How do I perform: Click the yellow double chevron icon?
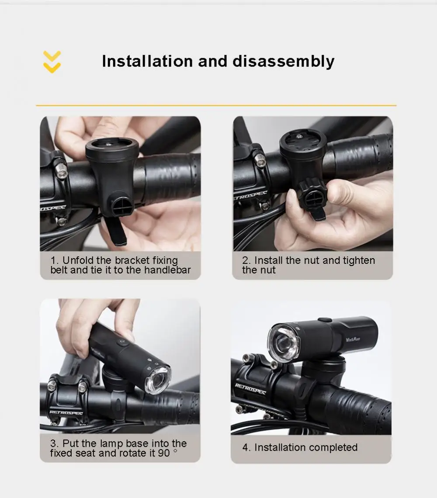[52, 62]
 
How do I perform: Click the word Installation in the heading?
[147, 61]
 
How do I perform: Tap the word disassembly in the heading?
[284, 62]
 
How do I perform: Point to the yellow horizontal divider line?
[216, 105]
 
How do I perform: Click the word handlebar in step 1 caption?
[167, 270]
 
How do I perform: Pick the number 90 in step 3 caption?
[164, 453]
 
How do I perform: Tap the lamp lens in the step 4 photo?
[284, 343]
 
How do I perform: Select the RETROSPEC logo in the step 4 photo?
[250, 389]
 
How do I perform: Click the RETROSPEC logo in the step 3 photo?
[66, 413]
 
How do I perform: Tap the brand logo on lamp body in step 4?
[353, 339]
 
